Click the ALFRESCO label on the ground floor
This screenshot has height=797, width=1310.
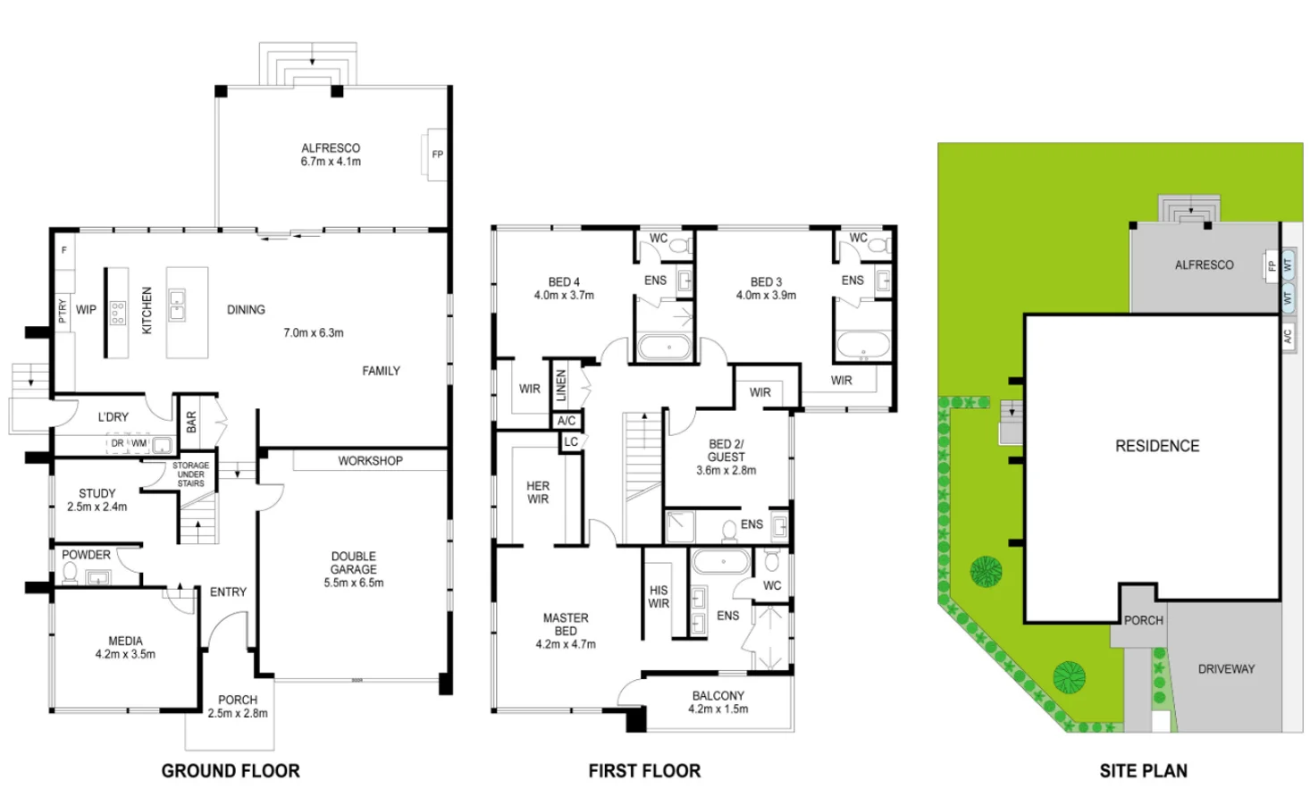(331, 148)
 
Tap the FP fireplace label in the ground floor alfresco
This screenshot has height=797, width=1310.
(438, 155)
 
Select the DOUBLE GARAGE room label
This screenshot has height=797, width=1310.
(353, 563)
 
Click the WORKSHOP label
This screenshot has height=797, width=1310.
(370, 461)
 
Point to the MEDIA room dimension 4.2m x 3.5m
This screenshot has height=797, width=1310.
(125, 654)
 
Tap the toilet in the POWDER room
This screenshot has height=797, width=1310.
(70, 572)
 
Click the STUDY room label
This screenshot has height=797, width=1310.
(97, 493)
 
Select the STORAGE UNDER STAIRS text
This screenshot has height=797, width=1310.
(190, 474)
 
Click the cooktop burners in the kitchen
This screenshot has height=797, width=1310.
(118, 313)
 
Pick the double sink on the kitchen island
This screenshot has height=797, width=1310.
(177, 306)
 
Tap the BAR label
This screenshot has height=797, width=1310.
(191, 423)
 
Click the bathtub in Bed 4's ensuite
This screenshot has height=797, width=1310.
(664, 347)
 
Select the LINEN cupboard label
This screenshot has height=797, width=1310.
(561, 385)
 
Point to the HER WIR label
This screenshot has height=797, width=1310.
(537, 492)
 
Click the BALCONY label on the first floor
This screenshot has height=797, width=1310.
(718, 696)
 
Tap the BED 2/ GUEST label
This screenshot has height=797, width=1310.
(726, 450)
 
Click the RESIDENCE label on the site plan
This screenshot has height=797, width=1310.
(1157, 446)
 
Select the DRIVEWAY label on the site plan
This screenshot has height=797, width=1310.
(1226, 669)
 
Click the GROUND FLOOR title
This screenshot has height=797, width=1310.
(231, 771)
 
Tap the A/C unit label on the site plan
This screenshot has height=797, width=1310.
(1287, 336)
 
